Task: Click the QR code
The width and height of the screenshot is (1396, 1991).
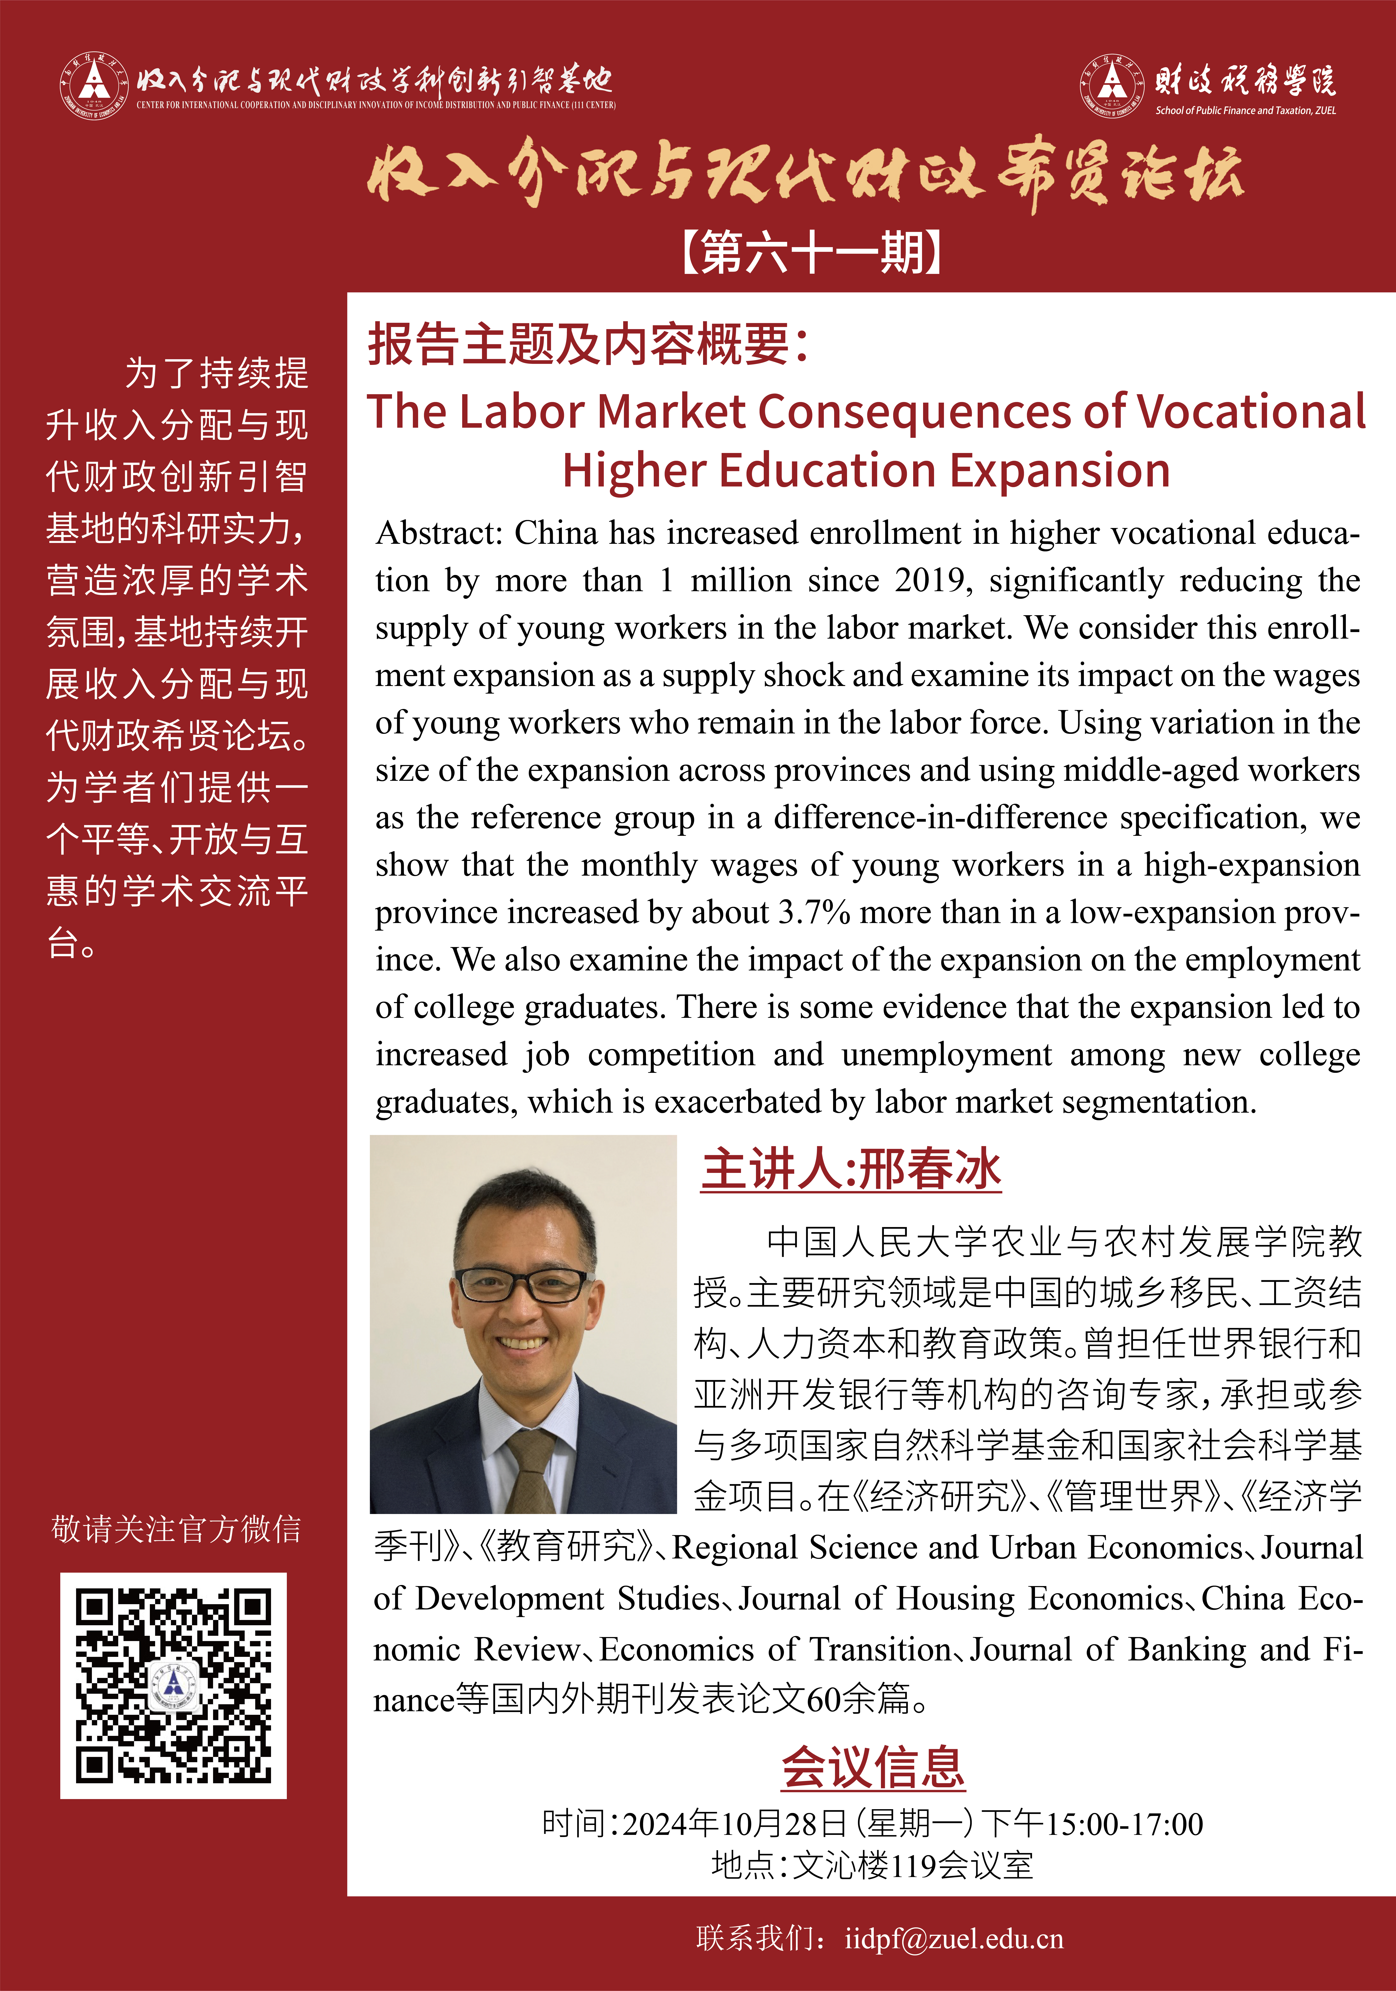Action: (173, 1685)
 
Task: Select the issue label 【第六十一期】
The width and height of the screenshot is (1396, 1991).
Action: (812, 253)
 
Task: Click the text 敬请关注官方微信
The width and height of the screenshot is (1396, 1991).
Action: (176, 1529)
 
